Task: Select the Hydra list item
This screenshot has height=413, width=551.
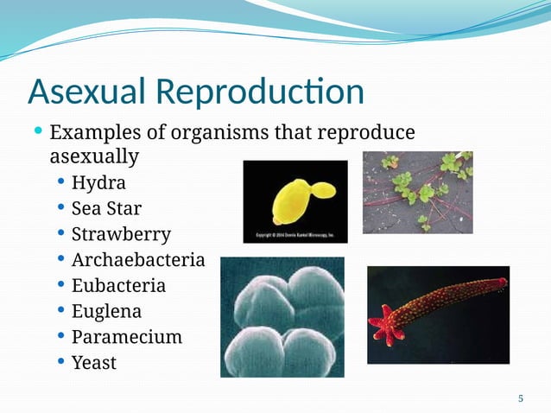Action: click(98, 183)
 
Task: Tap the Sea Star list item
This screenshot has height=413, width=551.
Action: click(106, 208)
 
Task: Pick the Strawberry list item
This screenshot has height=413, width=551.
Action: click(121, 234)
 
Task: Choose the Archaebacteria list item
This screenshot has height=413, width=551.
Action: click(138, 259)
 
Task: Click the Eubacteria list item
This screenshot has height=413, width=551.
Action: click(118, 285)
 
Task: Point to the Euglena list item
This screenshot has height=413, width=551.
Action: click(106, 310)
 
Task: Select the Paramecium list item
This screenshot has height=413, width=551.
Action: click(126, 336)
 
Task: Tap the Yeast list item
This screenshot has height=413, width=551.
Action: click(93, 362)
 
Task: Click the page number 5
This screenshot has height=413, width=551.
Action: click(520, 398)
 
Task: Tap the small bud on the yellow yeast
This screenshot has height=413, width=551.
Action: click(321, 188)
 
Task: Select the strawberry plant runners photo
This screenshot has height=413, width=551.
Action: click(417, 192)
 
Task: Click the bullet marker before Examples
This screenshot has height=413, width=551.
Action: click(37, 132)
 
